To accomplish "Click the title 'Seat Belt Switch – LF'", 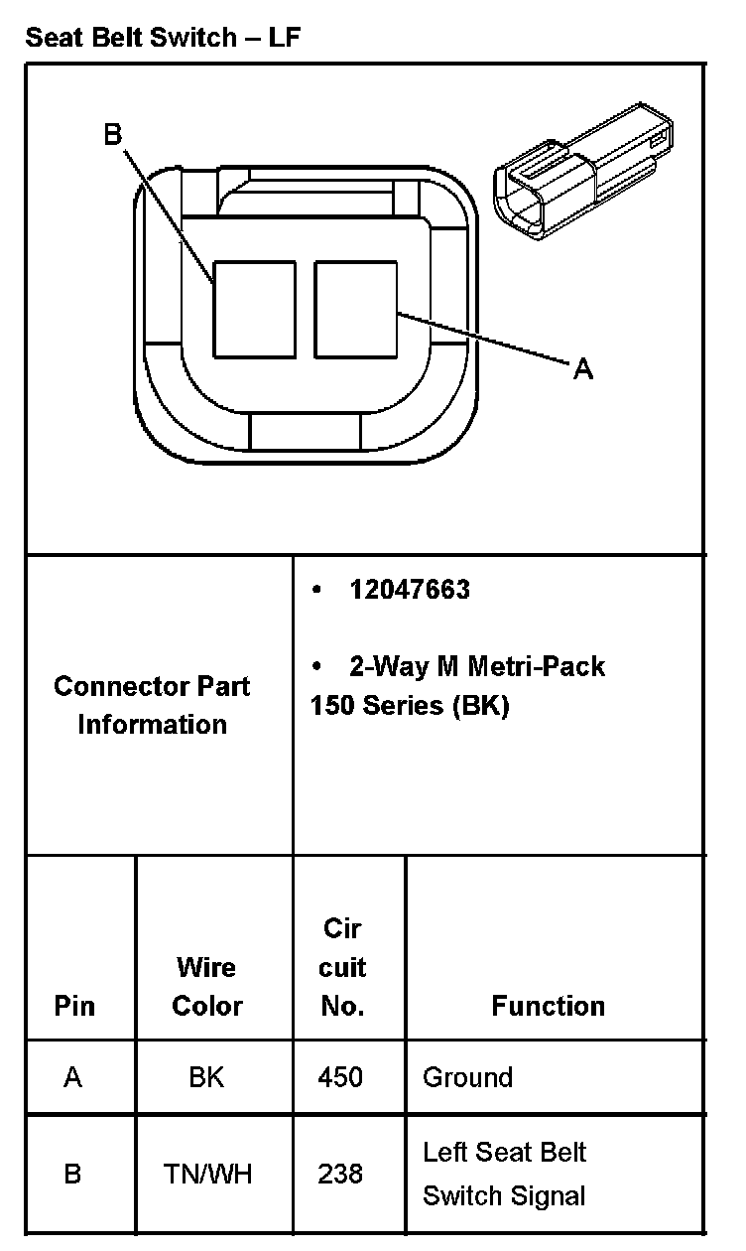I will click(x=163, y=38).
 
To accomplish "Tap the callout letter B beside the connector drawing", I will click(x=113, y=136).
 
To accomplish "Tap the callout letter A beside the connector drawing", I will click(x=583, y=369).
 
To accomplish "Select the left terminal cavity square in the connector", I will click(x=255, y=309).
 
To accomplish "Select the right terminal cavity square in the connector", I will click(x=356, y=309).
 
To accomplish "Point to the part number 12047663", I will click(x=409, y=590).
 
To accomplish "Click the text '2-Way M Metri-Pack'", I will click(x=476, y=665).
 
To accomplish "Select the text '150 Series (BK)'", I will click(x=409, y=706).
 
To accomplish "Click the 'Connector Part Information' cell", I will click(x=152, y=705).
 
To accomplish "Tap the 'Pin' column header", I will click(x=74, y=1006).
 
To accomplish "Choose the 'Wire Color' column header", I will click(x=206, y=986).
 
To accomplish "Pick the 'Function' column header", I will click(x=548, y=1006).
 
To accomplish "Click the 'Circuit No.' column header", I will click(x=342, y=967).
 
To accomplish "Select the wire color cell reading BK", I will click(x=206, y=1077).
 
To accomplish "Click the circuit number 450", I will click(x=340, y=1077).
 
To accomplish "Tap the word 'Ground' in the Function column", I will click(x=467, y=1077).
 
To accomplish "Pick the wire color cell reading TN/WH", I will click(x=208, y=1175).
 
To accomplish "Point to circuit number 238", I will click(x=340, y=1175).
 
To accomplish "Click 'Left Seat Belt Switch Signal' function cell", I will click(x=504, y=1175).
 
